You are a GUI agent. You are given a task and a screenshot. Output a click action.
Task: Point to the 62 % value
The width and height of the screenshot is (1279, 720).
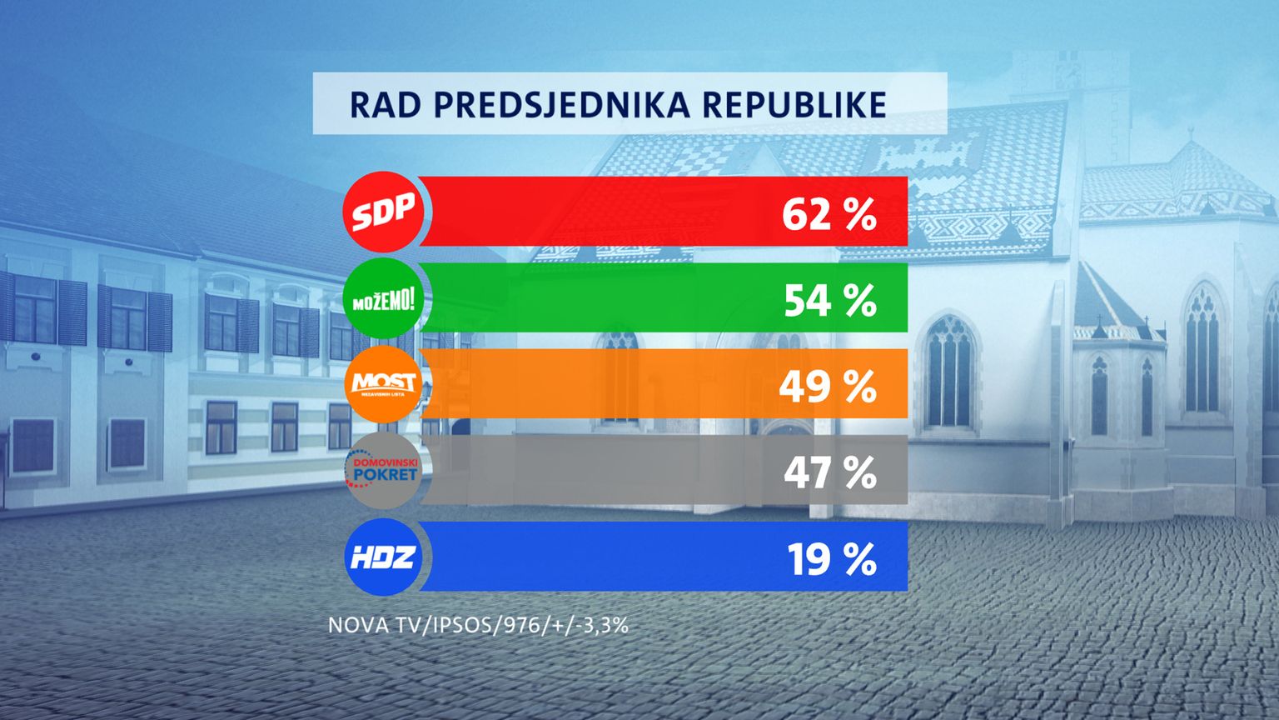829,214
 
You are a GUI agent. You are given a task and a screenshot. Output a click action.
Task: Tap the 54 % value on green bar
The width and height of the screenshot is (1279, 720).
829,300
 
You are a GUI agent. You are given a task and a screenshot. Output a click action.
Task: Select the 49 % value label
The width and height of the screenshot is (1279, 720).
828,387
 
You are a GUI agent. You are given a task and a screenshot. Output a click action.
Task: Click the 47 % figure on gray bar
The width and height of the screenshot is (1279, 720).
829,472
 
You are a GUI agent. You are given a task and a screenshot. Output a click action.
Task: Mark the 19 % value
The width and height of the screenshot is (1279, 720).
831,559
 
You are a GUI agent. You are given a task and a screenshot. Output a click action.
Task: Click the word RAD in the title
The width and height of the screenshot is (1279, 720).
383,104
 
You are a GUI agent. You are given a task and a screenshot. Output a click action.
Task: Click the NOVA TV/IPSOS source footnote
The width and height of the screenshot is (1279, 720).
478,625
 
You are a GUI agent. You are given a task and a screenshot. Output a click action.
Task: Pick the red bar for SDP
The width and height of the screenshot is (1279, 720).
600,212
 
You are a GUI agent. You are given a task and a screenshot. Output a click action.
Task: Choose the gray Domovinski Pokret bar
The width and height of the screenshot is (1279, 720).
600,471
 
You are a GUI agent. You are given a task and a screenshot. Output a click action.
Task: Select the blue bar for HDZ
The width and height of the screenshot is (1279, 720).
600,557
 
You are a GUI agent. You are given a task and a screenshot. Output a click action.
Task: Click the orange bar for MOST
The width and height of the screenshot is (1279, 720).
600,384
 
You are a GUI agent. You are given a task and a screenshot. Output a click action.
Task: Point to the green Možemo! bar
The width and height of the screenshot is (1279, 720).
600,298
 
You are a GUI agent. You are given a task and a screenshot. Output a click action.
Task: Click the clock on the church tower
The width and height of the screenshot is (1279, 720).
1068,73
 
